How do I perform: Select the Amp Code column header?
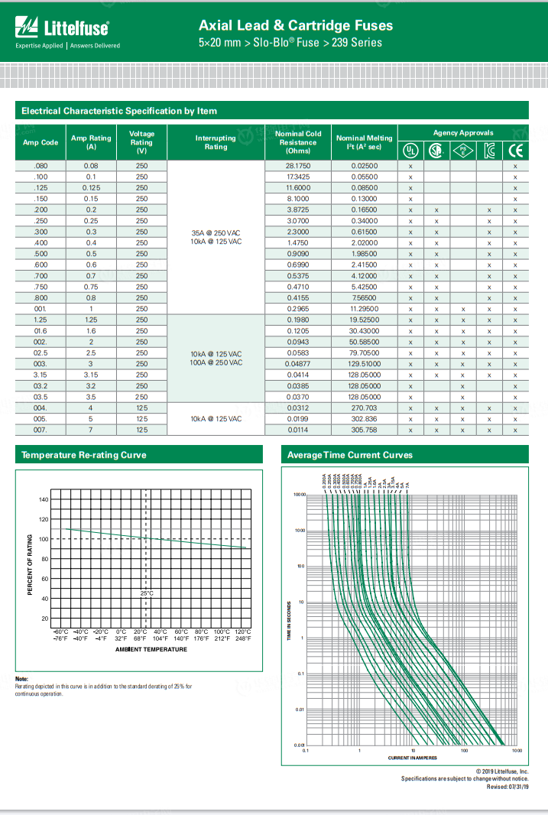click(x=41, y=142)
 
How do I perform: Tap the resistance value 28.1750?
click(x=298, y=166)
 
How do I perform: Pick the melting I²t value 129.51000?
click(x=364, y=364)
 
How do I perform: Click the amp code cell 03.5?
click(x=41, y=398)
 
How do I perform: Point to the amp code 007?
click(x=41, y=430)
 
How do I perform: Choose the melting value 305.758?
click(x=364, y=430)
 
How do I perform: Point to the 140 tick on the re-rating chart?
click(x=44, y=499)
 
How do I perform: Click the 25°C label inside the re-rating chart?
click(x=147, y=593)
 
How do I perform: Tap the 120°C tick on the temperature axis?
click(x=242, y=632)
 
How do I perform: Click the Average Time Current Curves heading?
click(x=350, y=455)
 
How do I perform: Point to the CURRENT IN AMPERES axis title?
click(x=413, y=758)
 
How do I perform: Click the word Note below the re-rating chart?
click(x=21, y=679)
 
